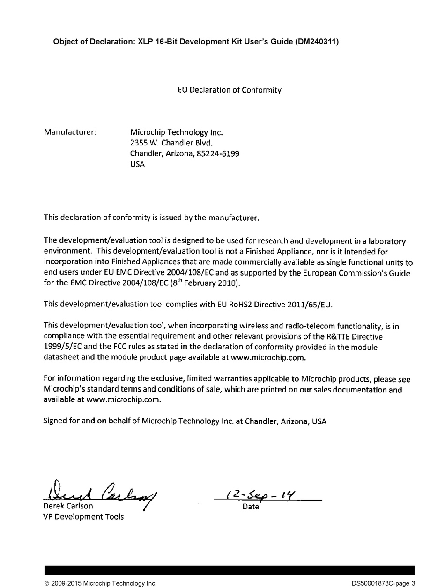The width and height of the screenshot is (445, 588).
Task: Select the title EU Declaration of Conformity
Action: tap(230, 90)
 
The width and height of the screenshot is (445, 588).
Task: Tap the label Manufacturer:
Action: tap(70, 132)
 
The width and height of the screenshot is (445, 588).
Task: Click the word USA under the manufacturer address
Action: tap(137, 164)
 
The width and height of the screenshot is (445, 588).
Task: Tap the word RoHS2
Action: tap(241, 305)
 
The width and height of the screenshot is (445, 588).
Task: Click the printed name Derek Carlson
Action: tap(68, 506)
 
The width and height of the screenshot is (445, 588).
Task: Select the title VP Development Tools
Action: tap(84, 517)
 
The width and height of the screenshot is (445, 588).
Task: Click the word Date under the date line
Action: tap(251, 507)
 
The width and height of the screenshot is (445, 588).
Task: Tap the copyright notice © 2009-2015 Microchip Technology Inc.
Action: tap(100, 583)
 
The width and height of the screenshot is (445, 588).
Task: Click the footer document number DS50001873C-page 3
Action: tap(384, 583)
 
